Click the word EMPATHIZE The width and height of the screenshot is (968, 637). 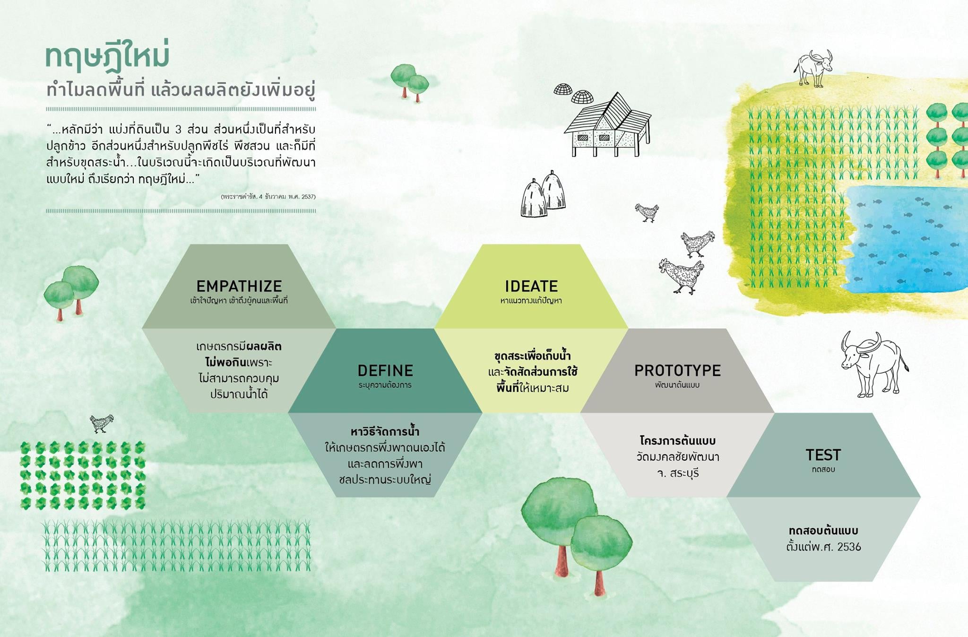pyautogui.click(x=239, y=286)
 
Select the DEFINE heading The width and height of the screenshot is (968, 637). pyautogui.click(x=385, y=370)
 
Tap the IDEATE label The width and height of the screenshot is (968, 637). pyautogui.click(x=531, y=286)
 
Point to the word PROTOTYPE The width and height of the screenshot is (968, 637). pyautogui.click(x=677, y=370)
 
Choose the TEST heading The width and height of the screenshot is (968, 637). pyautogui.click(x=823, y=455)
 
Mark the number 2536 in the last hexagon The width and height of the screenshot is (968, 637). pyautogui.click(x=849, y=547)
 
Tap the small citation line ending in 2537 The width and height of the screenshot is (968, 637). pyautogui.click(x=268, y=196)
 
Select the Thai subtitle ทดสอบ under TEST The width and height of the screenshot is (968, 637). pyautogui.click(x=823, y=469)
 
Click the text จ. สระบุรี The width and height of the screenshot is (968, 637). pyautogui.click(x=677, y=473)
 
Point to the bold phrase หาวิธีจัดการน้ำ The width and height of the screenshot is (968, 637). pyautogui.click(x=385, y=431)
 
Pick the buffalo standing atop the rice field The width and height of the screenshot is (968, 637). pyautogui.click(x=813, y=69)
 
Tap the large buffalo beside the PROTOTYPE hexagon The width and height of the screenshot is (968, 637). pyautogui.click(x=873, y=364)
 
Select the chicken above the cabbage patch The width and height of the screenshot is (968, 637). pyautogui.click(x=101, y=424)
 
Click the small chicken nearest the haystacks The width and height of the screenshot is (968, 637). pyautogui.click(x=647, y=212)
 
